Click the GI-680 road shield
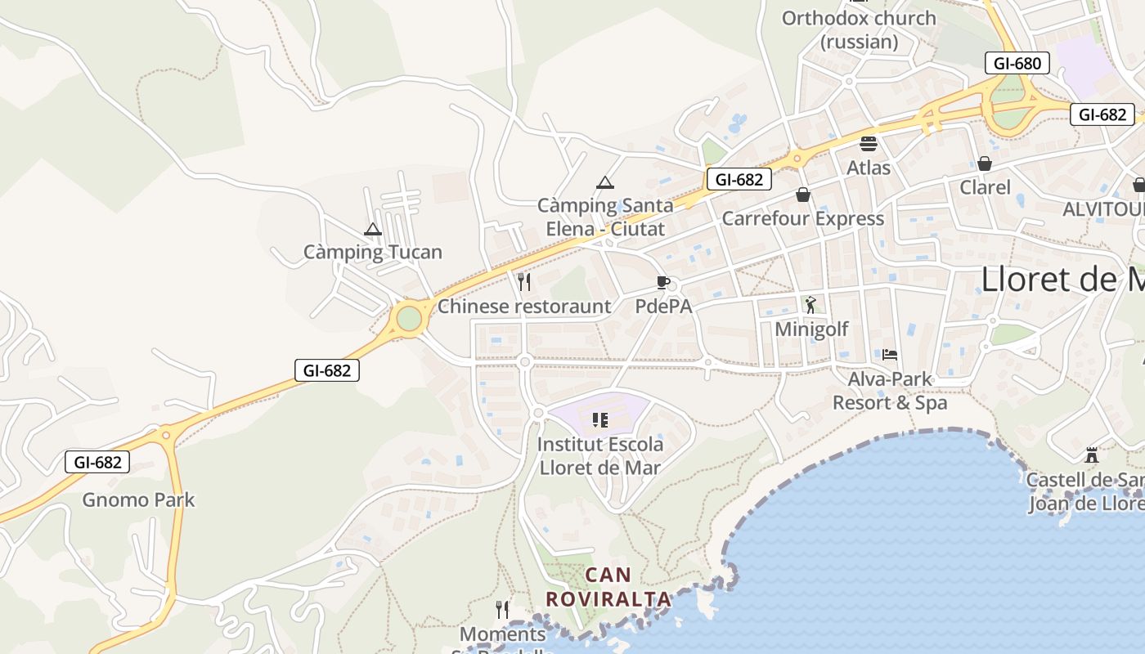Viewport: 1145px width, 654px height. click(x=1017, y=63)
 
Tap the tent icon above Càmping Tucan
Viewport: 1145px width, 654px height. click(x=373, y=230)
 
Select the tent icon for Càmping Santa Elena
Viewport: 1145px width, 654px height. click(x=605, y=182)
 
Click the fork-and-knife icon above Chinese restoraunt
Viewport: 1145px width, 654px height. click(x=524, y=282)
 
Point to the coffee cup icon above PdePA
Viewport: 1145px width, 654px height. click(x=663, y=283)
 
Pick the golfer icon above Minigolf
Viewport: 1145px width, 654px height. click(x=810, y=305)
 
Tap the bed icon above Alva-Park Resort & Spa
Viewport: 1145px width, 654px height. click(x=890, y=355)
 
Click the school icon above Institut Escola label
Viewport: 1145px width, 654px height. click(x=600, y=420)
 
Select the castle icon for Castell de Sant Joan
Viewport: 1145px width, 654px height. click(x=1091, y=455)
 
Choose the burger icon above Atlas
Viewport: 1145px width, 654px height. click(x=869, y=144)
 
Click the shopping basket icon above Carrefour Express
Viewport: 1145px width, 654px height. click(x=803, y=195)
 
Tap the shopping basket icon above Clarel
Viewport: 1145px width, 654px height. click(x=985, y=163)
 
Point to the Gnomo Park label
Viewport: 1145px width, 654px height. click(x=138, y=499)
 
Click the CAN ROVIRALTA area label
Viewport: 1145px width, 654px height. click(x=608, y=587)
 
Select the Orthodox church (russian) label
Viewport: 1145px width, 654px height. click(x=859, y=29)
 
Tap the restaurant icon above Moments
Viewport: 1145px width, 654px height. click(x=502, y=610)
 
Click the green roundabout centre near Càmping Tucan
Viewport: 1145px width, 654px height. click(x=408, y=318)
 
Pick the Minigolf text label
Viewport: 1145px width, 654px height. click(x=811, y=329)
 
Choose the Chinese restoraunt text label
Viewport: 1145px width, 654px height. click(x=524, y=307)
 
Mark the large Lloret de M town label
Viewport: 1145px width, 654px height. click(x=1062, y=280)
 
